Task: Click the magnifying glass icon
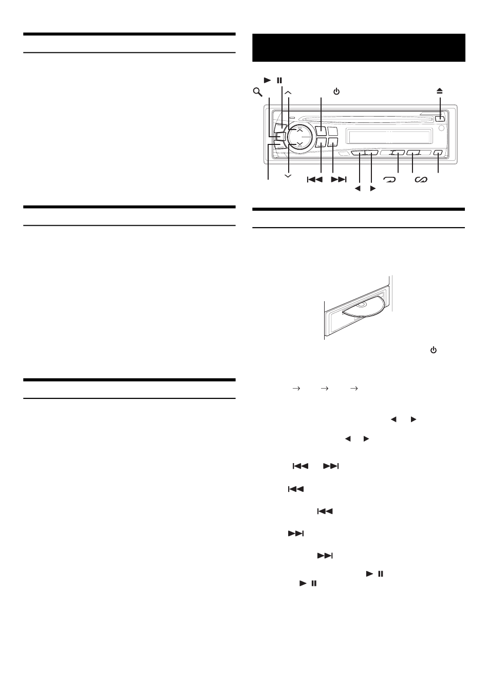[x=257, y=92]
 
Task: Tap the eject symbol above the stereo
[x=440, y=91]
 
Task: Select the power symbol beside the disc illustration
[x=434, y=350]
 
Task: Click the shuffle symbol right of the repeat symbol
[x=421, y=179]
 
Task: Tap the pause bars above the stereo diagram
[x=279, y=80]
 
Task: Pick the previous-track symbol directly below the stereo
[x=314, y=179]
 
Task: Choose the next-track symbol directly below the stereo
[x=339, y=179]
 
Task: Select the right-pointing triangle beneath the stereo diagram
[x=373, y=189]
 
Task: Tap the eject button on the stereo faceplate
[x=439, y=119]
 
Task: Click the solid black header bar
[x=359, y=48]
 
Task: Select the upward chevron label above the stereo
[x=288, y=92]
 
